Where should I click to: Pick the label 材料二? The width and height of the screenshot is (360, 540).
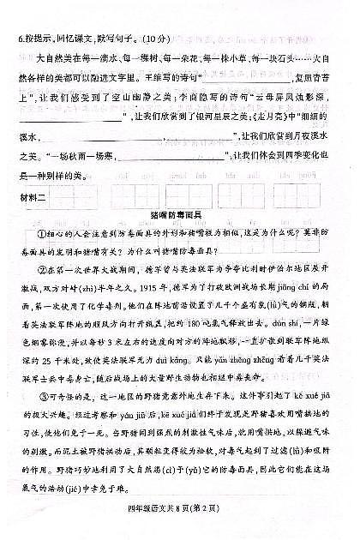click(x=31, y=196)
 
